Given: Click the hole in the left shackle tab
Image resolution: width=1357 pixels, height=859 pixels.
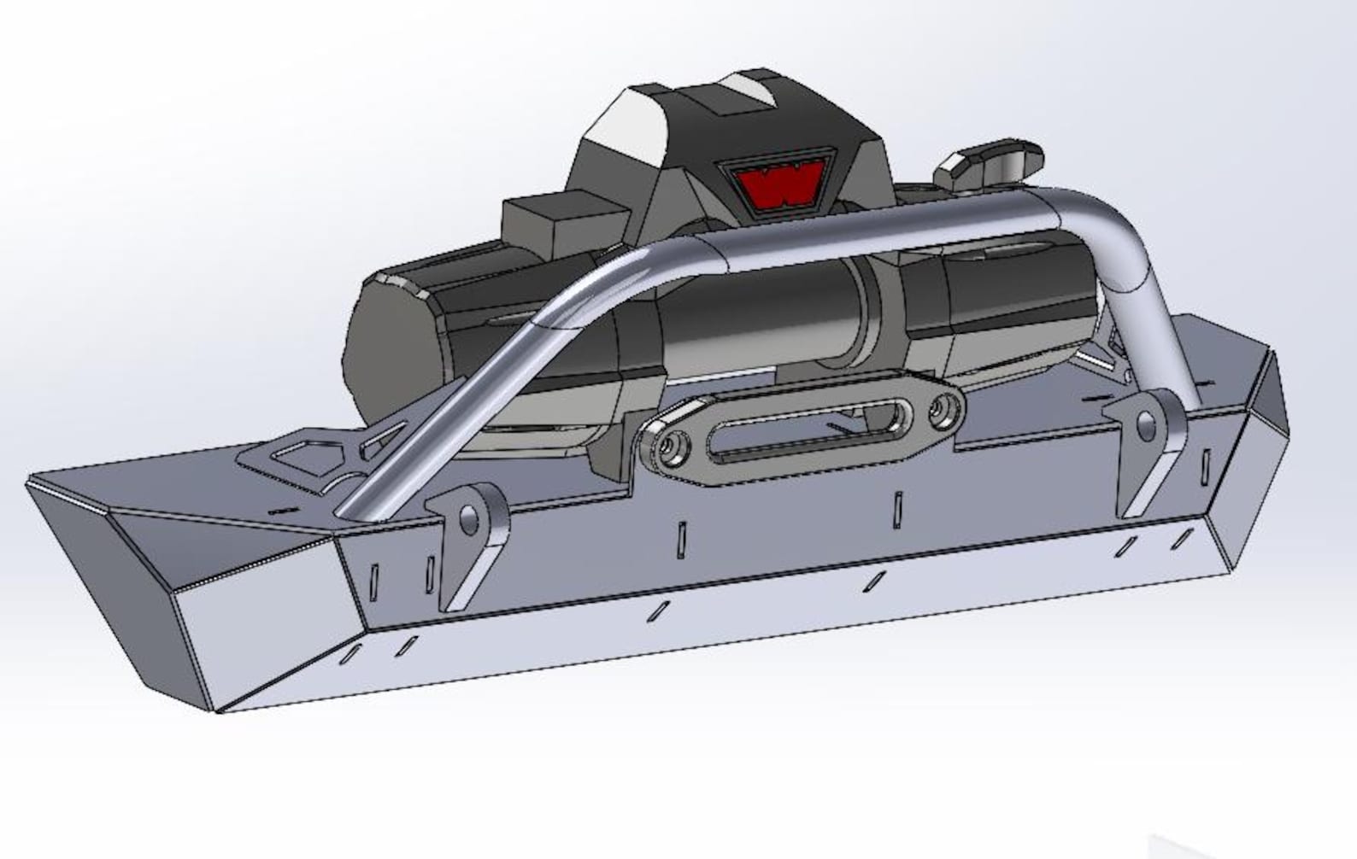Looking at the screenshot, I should [469, 518].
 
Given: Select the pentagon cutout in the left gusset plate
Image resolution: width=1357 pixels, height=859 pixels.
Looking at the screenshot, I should [305, 459].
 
